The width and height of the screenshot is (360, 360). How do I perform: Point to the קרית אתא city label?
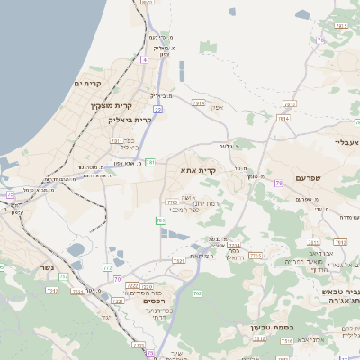200,170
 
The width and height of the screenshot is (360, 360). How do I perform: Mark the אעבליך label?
346,142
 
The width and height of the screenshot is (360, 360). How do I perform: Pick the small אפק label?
215,109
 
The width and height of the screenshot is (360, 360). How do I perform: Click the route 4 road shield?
142,59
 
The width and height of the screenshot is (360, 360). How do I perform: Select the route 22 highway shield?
157,110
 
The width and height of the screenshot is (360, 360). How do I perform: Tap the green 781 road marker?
150,162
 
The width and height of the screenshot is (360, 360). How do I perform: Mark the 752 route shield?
52,291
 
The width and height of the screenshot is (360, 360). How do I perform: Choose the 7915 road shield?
198,103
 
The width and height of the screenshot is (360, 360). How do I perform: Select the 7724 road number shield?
234,244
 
